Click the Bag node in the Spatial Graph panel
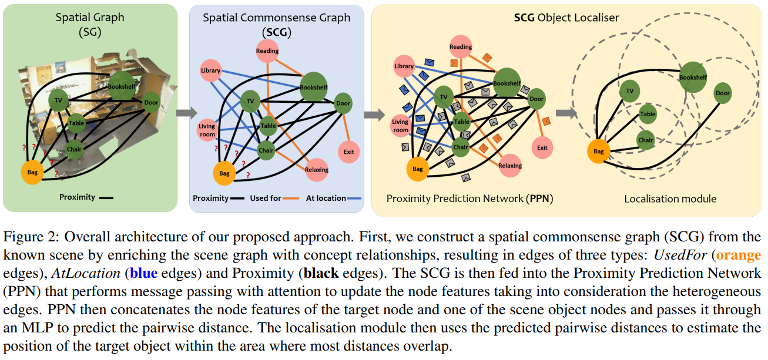click(32, 172)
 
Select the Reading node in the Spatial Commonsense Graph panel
click(267, 51)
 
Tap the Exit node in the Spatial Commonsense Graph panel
click(348, 152)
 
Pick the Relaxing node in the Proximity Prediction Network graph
click(510, 166)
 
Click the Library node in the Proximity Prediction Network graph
click(404, 66)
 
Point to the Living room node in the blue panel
click(207, 130)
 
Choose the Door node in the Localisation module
click(722, 93)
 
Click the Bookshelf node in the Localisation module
click(693, 78)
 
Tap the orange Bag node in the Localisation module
click(599, 152)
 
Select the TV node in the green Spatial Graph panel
click(58, 100)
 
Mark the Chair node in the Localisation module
click(646, 140)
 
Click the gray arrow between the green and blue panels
click(186, 113)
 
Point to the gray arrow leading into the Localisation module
click(566, 113)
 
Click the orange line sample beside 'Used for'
click(291, 198)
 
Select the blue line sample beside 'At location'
click(354, 198)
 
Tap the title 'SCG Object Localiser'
click(566, 18)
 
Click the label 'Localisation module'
click(670, 198)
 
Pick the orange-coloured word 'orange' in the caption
click(739, 255)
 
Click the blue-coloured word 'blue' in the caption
click(144, 273)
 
